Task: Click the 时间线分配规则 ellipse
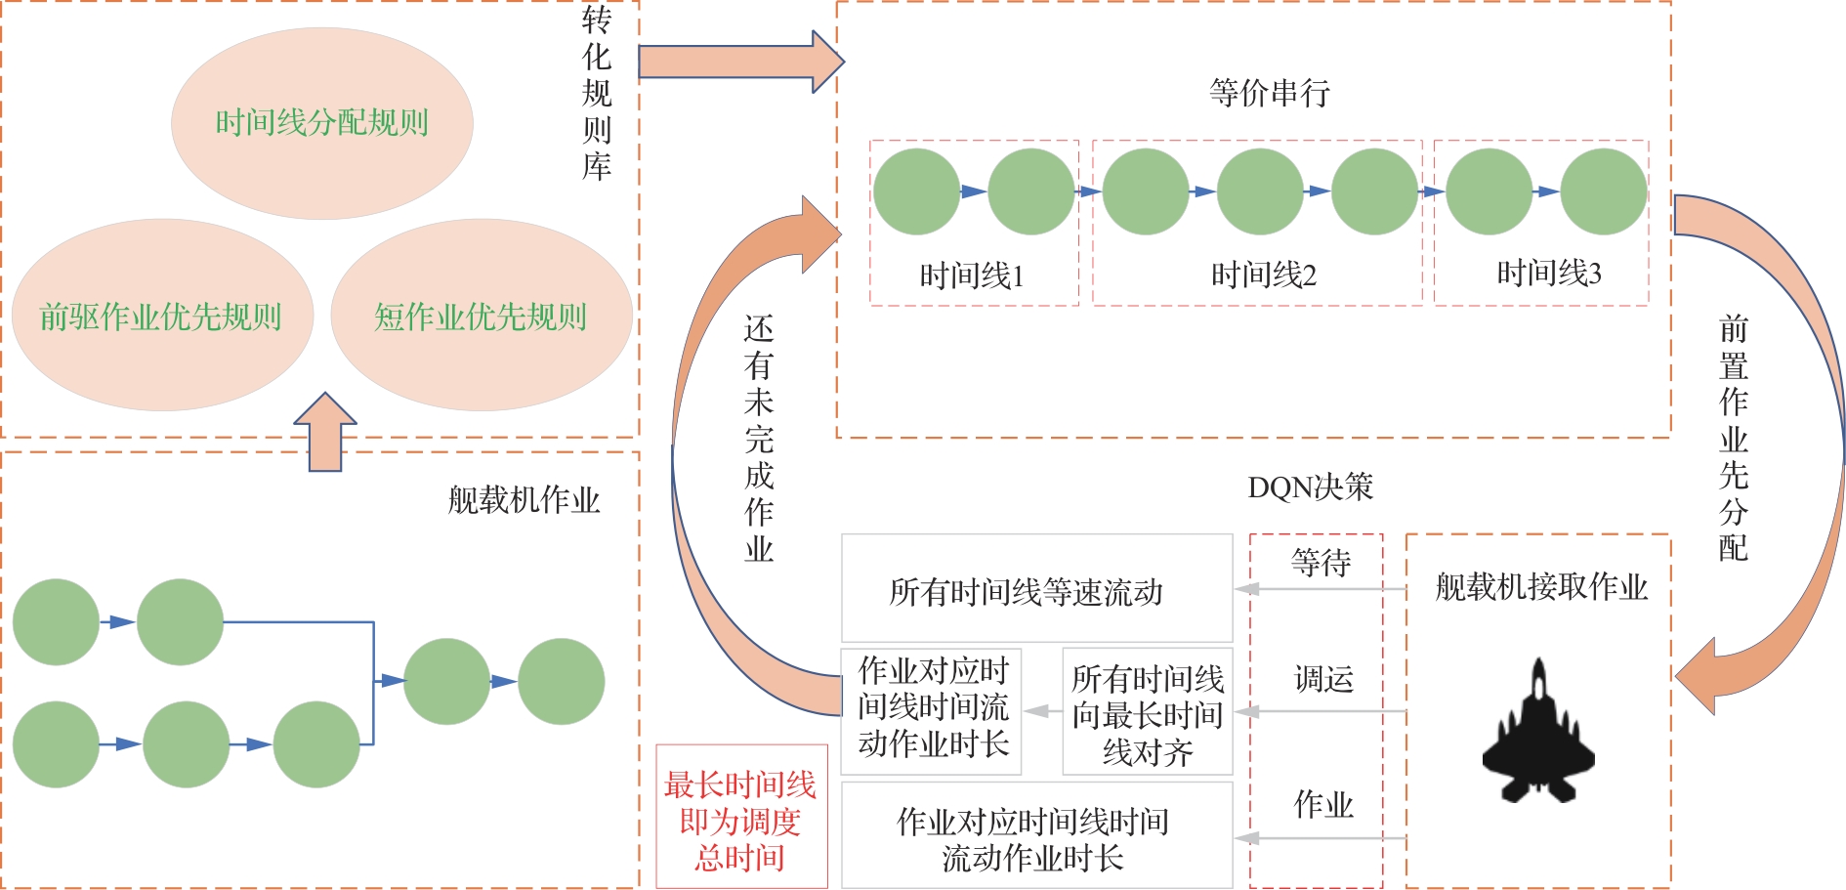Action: click(x=322, y=123)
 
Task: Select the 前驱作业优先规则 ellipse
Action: click(x=161, y=317)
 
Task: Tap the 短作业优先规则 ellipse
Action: click(x=481, y=317)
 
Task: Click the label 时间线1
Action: click(x=972, y=275)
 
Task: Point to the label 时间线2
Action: click(x=1264, y=275)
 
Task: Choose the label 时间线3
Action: click(x=1549, y=274)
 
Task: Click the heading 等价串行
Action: click(x=1269, y=94)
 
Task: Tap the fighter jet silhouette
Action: click(x=1538, y=733)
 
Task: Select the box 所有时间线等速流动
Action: click(x=1027, y=591)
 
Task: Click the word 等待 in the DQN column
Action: click(x=1321, y=563)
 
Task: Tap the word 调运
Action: click(x=1323, y=678)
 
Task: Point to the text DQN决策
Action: click(x=1310, y=487)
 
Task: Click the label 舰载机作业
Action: click(x=524, y=500)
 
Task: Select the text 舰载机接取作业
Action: click(x=1541, y=587)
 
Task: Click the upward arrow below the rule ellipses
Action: click(x=325, y=433)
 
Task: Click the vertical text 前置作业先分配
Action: click(x=1733, y=437)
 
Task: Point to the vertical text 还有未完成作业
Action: click(x=759, y=439)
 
